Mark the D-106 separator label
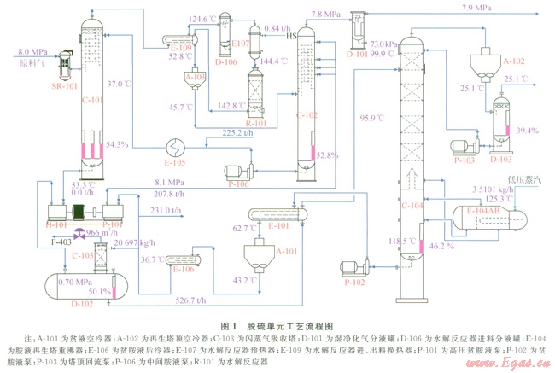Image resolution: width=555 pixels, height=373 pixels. coord(225,61)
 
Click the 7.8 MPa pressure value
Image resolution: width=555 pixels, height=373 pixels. coord(329,14)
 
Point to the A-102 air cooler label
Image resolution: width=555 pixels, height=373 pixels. coord(512,61)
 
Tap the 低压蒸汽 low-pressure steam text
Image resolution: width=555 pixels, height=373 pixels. coord(520,179)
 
